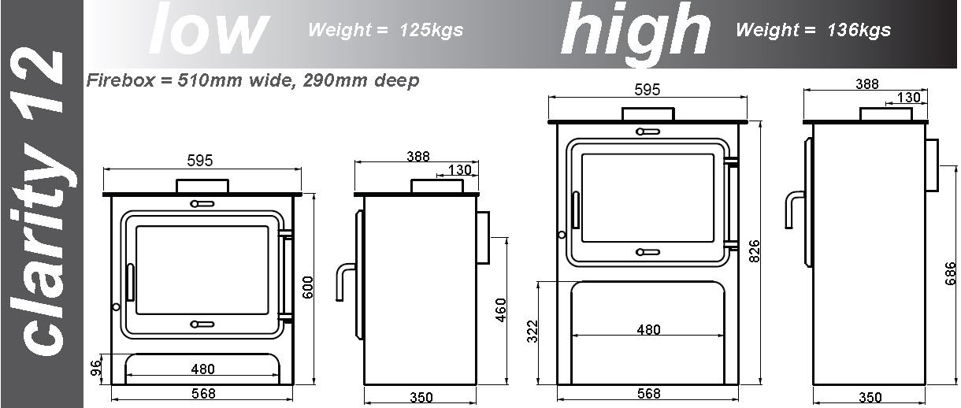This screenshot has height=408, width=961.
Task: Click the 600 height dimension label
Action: tap(308, 287)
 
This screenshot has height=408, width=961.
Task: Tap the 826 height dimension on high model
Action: tap(754, 251)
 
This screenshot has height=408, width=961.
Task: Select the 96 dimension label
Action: tap(97, 367)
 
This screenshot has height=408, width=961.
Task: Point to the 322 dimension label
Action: tap(532, 332)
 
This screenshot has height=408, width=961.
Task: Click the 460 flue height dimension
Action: tap(500, 310)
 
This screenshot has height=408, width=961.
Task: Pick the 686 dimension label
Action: tap(950, 273)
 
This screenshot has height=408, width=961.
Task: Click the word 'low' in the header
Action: tap(209, 29)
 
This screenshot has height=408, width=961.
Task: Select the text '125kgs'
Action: tap(431, 30)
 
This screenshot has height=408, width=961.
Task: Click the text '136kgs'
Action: tap(859, 30)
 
